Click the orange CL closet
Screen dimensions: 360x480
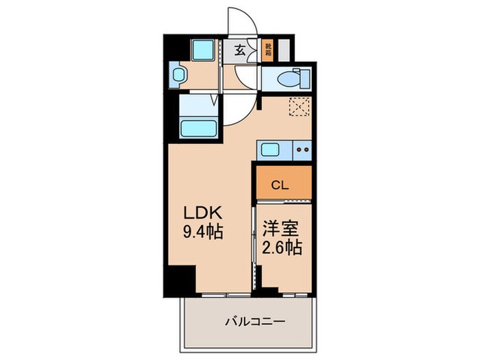tap(282, 184)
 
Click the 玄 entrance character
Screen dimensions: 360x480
tap(240, 50)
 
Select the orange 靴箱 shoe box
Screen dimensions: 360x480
tap(267, 51)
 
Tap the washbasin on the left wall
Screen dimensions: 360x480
tap(180, 75)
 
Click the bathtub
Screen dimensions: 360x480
tap(198, 128)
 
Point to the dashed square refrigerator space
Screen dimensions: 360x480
tap(299, 107)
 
